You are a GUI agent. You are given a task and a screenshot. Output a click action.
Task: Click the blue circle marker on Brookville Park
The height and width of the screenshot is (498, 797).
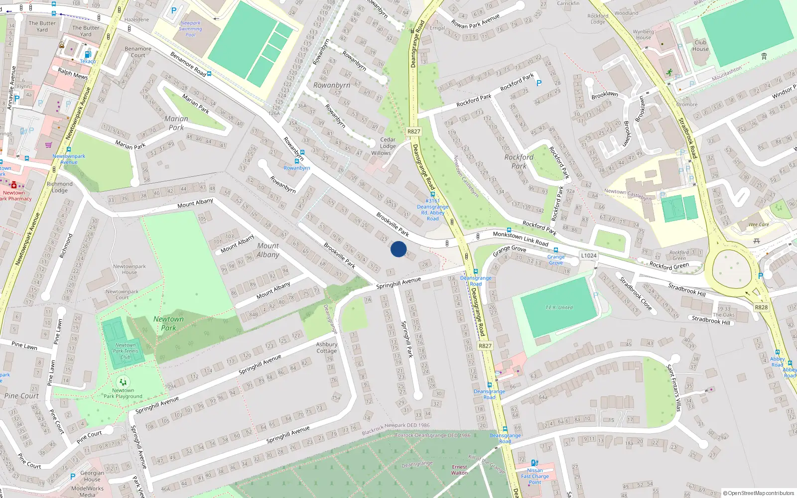tap(398, 249)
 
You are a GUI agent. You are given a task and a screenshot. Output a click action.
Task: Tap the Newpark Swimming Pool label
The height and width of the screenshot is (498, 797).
tap(190, 29)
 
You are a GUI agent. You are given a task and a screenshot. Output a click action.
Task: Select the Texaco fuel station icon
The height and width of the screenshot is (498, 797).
tap(88, 54)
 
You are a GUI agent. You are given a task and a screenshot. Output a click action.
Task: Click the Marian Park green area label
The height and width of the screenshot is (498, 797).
tap(176, 123)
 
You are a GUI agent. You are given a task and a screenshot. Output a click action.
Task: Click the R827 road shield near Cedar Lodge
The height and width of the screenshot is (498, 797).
tap(413, 131)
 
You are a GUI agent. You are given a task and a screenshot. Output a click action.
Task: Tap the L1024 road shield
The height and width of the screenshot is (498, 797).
tap(588, 255)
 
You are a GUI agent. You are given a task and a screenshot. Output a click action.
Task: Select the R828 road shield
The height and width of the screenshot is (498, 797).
tap(761, 307)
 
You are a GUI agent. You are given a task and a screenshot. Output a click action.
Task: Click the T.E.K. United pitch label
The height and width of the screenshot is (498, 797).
tap(559, 307)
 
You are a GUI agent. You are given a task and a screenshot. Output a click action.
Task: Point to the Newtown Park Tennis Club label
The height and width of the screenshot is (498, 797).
tap(125, 351)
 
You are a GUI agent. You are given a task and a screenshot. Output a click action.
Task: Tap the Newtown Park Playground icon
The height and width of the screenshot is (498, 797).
tap(123, 382)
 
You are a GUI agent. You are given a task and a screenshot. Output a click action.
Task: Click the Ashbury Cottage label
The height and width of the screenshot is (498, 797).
tap(327, 348)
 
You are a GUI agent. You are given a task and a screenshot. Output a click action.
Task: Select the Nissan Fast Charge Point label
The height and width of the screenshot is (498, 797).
tap(535, 476)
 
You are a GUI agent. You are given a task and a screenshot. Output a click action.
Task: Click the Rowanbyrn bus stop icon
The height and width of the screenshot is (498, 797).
tap(297, 161)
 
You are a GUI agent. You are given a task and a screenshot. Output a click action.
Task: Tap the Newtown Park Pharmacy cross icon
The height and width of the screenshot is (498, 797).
tap(13, 185)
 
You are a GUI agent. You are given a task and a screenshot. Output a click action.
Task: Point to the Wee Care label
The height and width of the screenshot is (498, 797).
tap(759, 225)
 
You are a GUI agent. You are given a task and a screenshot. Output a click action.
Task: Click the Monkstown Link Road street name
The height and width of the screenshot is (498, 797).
tap(520, 239)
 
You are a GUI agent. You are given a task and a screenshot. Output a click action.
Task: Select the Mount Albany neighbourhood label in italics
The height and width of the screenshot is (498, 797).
tap(268, 250)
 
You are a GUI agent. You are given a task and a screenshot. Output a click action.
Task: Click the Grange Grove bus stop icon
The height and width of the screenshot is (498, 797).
tap(556, 250)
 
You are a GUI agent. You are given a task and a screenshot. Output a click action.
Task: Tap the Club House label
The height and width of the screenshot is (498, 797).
tap(700, 45)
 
